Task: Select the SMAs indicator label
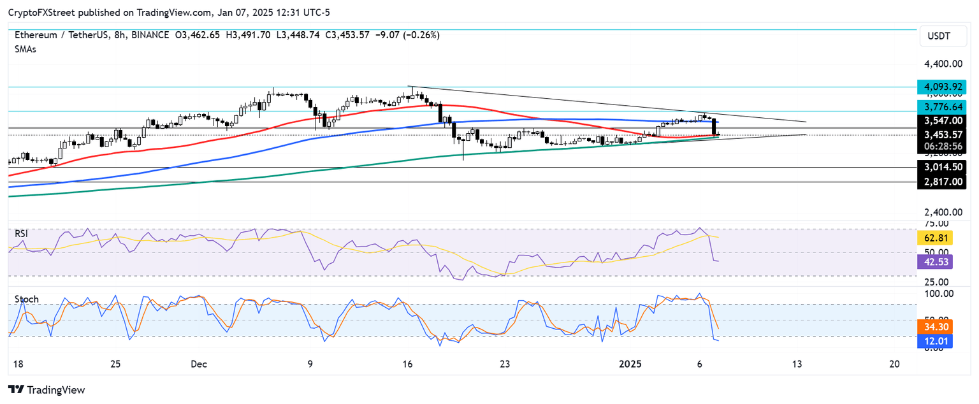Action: tap(25, 49)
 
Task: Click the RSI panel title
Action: tap(22, 234)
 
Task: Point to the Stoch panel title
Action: tap(26, 299)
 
